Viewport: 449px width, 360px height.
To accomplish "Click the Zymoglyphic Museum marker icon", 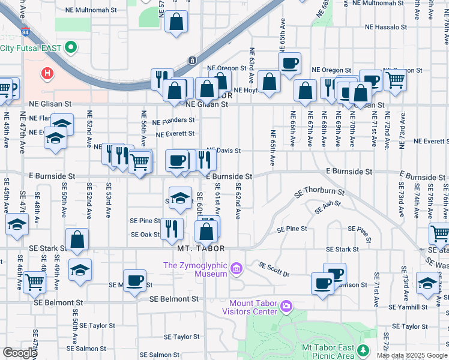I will (x=237, y=268).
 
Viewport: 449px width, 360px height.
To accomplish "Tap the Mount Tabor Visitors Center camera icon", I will (x=286, y=307).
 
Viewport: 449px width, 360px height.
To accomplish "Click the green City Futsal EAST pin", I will (x=71, y=47).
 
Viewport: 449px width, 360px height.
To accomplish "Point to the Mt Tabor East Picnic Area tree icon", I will (x=362, y=350).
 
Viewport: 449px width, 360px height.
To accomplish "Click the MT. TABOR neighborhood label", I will (x=201, y=248).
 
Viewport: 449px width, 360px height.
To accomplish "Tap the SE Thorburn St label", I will (x=319, y=193).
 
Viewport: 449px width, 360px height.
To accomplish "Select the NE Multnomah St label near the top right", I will (x=378, y=4).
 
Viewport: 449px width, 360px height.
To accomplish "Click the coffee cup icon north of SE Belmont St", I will (x=135, y=280).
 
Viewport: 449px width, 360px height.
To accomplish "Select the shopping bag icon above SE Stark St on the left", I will (x=77, y=239).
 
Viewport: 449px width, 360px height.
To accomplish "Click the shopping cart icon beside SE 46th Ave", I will (x=35, y=281).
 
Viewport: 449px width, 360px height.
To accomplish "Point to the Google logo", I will (x=19, y=353).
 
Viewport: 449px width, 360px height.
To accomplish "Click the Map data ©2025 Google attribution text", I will (x=412, y=355).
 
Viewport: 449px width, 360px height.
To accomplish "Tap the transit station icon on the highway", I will (x=191, y=60).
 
